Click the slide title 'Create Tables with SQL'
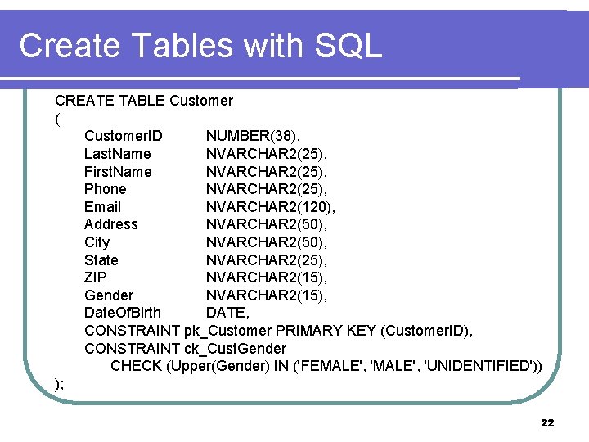coord(200,46)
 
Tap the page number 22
coord(547,423)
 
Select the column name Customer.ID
coord(123,136)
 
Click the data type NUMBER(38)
coord(253,136)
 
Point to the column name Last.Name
coord(117,153)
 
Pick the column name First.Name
coord(118,171)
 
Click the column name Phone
coord(106,189)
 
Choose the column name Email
coord(102,207)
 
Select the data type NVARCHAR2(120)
coord(270,207)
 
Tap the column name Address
coord(111,224)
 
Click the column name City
coord(97,242)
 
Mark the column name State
coord(101,260)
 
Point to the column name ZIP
coord(95,277)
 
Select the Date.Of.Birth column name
coord(123,313)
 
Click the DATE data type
coord(227,313)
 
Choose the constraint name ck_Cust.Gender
coord(235,349)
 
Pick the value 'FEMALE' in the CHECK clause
coord(332,366)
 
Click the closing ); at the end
coord(60,383)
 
